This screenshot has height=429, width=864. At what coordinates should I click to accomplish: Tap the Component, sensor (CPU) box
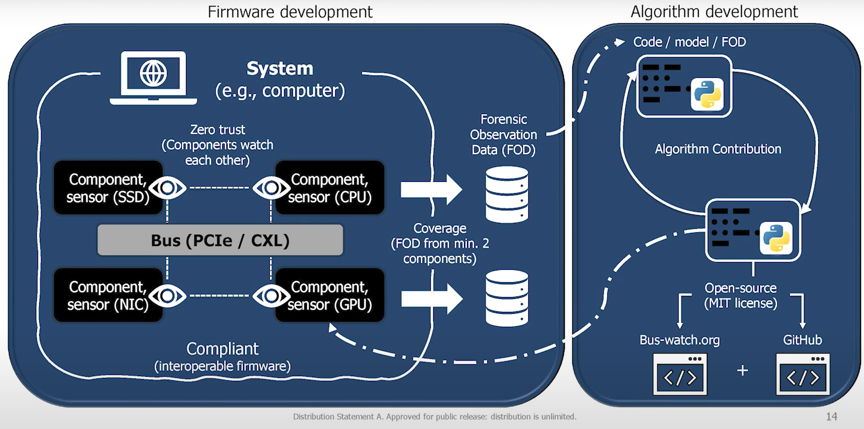pos(329,188)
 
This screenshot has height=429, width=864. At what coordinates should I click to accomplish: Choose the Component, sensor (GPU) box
pos(329,295)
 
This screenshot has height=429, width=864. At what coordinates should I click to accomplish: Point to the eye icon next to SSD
pos(167,188)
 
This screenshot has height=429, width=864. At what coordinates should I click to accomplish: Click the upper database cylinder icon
pos(507,194)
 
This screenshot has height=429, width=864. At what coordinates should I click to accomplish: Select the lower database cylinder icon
pos(507,298)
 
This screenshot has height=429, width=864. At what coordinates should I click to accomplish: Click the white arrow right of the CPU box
pos(431,190)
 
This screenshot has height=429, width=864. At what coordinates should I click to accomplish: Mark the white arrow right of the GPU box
pos(431,298)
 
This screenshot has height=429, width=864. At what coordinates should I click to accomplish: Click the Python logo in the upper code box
pos(706,94)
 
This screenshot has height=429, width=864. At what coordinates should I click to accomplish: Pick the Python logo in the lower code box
pos(776,238)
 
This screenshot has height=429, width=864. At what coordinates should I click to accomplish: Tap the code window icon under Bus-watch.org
pos(680,374)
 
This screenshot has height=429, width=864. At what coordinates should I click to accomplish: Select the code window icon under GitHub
pos(803,374)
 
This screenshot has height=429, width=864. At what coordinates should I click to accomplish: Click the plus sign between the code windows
pos(742,370)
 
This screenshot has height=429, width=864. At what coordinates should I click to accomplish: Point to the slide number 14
pos(831,417)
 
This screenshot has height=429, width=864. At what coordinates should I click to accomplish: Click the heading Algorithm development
pos(714,11)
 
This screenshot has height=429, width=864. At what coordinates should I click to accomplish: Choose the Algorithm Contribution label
pos(718,149)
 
